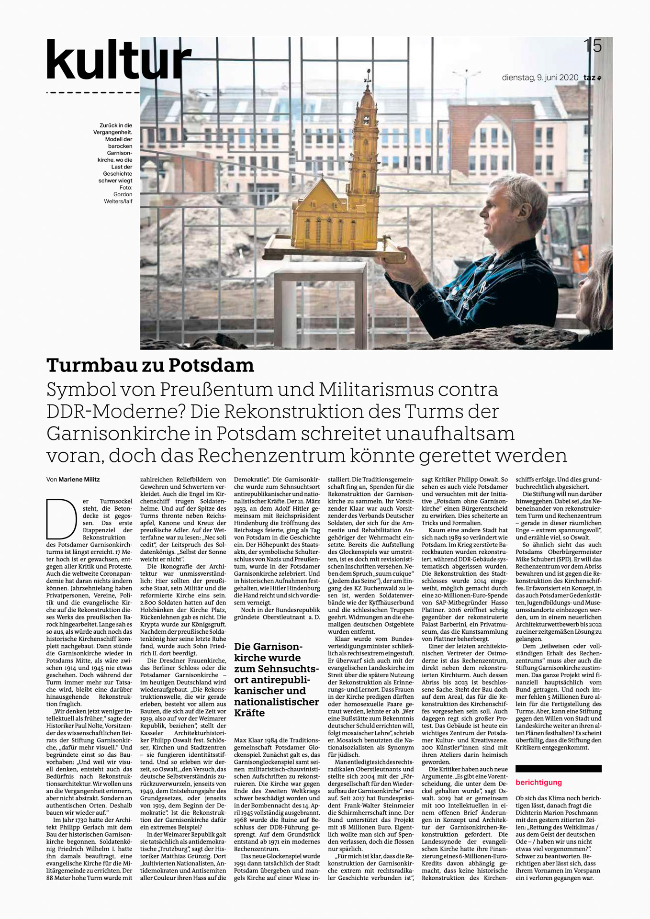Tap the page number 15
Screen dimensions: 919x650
point(592,46)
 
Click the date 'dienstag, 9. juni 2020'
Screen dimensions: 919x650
point(540,77)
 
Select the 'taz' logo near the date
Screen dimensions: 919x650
point(592,77)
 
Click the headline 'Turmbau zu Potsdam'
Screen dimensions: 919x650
point(150,365)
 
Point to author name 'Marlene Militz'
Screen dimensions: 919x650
point(79,479)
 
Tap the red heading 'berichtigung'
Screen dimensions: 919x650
point(538,783)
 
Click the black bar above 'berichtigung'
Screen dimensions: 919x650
point(558,769)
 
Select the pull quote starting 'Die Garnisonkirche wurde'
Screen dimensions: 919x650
point(276,679)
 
